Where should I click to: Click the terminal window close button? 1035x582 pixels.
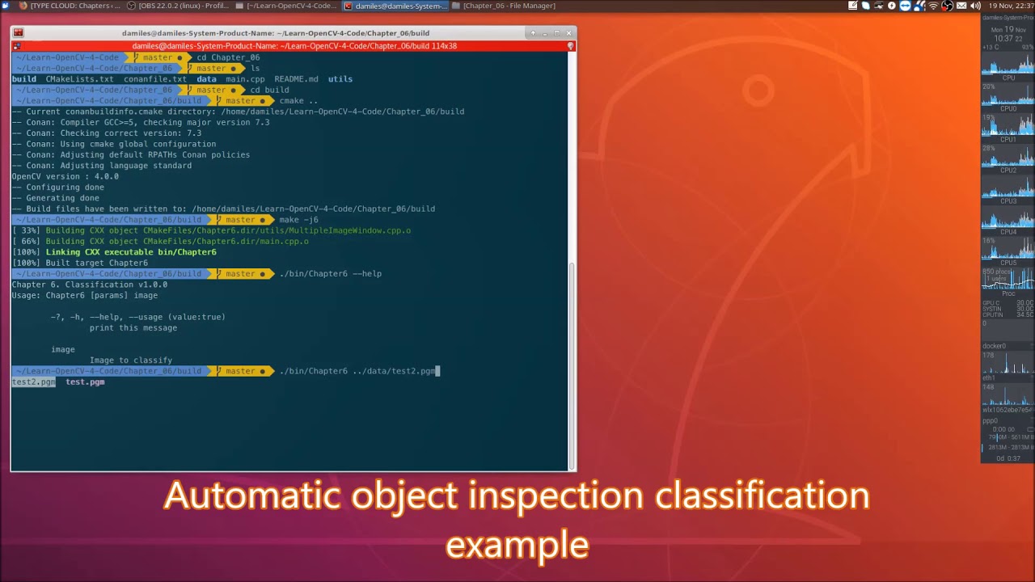pos(568,33)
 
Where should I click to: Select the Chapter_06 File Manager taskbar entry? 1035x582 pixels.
pos(505,6)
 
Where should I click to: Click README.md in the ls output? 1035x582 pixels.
pos(296,79)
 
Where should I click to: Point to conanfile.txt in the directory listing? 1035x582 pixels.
pos(155,79)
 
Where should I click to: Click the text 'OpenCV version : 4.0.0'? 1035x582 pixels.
pos(65,176)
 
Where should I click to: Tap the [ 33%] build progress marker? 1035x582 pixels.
pos(26,230)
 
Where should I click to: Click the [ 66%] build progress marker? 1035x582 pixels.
pos(26,241)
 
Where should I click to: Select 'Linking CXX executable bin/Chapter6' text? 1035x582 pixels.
pos(131,252)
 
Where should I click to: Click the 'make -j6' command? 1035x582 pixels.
pos(298,220)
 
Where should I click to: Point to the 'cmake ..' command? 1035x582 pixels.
pos(298,101)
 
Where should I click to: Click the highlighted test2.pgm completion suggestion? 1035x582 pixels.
pos(33,382)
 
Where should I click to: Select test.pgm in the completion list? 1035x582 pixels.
pos(85,382)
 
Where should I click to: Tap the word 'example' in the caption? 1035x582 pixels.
pos(517,545)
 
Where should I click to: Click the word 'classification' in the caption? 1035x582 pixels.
pos(762,496)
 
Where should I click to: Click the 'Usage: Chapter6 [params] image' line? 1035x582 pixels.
pos(85,295)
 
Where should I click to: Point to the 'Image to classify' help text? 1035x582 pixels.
pos(131,361)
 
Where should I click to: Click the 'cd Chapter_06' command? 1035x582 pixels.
pos(228,57)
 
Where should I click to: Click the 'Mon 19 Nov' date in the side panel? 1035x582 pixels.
pos(1003,29)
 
